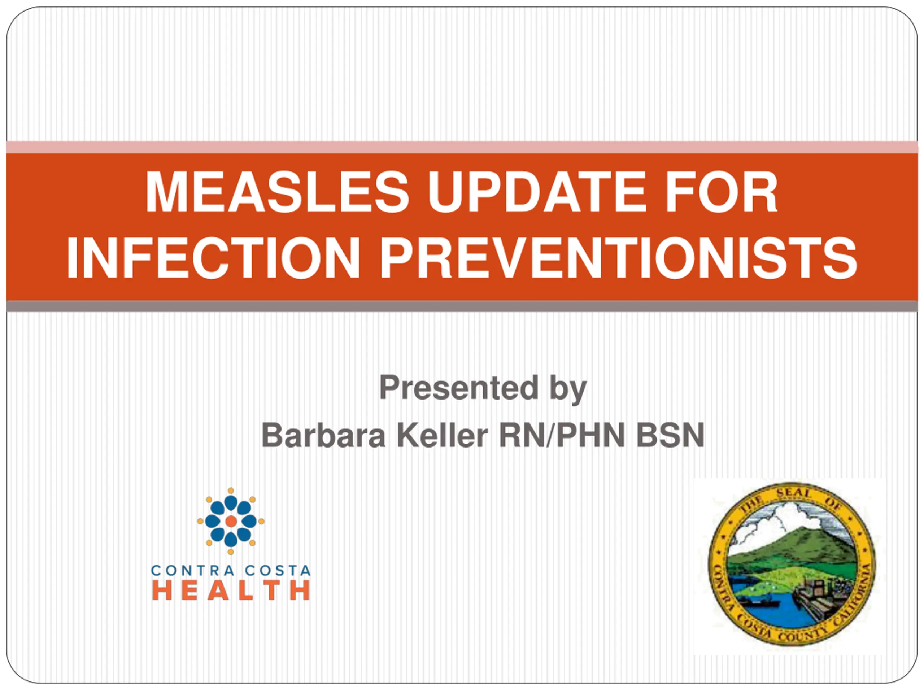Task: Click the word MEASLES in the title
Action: [x=277, y=192]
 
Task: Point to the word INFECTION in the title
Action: [x=213, y=257]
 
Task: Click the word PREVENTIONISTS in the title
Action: [x=618, y=257]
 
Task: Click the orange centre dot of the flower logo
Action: [x=231, y=521]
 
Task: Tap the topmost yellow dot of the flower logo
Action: [x=231, y=491]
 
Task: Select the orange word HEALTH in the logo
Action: [x=231, y=590]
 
